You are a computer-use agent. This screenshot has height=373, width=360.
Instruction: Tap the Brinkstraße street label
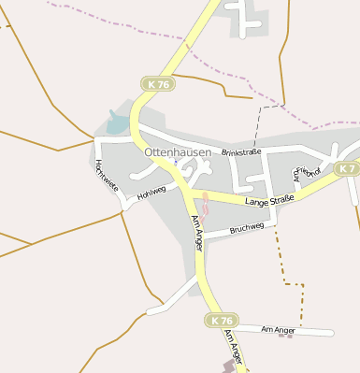241,151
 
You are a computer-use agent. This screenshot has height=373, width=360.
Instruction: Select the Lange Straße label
270,200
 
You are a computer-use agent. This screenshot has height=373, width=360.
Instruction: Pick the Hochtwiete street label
107,175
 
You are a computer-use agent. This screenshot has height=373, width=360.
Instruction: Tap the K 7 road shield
347,168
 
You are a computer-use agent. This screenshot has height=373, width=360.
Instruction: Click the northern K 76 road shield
159,84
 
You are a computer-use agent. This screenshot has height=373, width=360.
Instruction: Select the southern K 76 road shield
222,321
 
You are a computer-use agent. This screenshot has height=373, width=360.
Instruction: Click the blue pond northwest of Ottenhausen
117,122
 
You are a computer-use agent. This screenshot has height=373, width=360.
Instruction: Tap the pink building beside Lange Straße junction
206,200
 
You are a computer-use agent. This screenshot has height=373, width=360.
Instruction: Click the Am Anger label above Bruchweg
197,232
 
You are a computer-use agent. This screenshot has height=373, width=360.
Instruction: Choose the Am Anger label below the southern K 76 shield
235,351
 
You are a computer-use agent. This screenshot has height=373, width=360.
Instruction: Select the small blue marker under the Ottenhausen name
175,161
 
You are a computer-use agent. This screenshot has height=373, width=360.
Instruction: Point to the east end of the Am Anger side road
331,333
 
